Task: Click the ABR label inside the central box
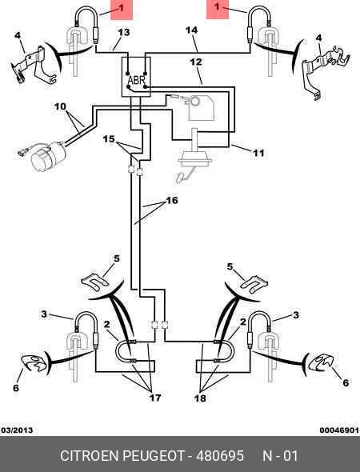coord(137,80)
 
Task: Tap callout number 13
coord(124,32)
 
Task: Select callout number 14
coord(192,30)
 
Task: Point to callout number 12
coord(196,62)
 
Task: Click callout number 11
coord(258,153)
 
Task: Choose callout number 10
coord(60,106)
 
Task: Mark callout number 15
coord(109,139)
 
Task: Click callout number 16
coord(172,200)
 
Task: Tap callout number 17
coord(155,398)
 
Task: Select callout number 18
coord(200,398)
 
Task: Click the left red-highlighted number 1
coord(122,8)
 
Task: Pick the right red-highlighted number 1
coord(217,6)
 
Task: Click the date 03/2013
coord(17,430)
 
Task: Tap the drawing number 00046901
coord(339,430)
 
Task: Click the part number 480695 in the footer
coord(220,455)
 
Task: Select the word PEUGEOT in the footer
coord(153,455)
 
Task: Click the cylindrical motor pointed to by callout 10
coord(48,157)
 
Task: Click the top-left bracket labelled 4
coord(33,66)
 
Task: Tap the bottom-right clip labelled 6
coord(321,362)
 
